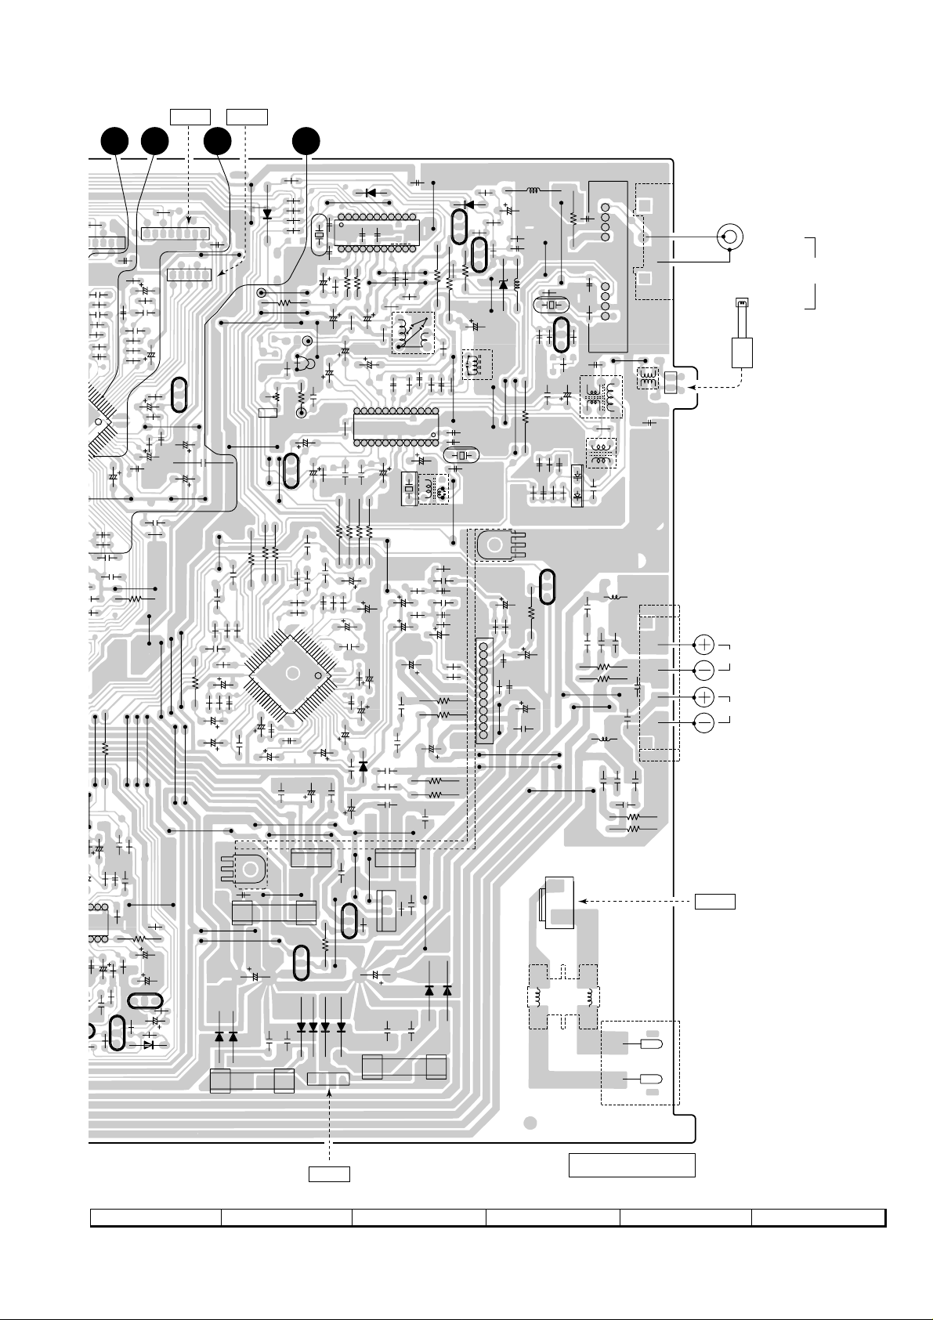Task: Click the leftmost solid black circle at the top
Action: click(x=116, y=142)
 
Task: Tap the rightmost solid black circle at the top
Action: click(x=306, y=142)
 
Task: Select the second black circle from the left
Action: click(x=155, y=142)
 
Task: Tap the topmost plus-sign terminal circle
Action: click(x=704, y=645)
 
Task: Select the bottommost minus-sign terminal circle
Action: click(x=704, y=722)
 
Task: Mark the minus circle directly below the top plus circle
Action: click(x=704, y=670)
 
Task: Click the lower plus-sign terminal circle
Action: click(x=704, y=696)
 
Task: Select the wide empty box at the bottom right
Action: click(x=631, y=1165)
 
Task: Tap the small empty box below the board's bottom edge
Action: click(x=328, y=1174)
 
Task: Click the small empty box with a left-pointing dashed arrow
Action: click(x=714, y=901)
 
